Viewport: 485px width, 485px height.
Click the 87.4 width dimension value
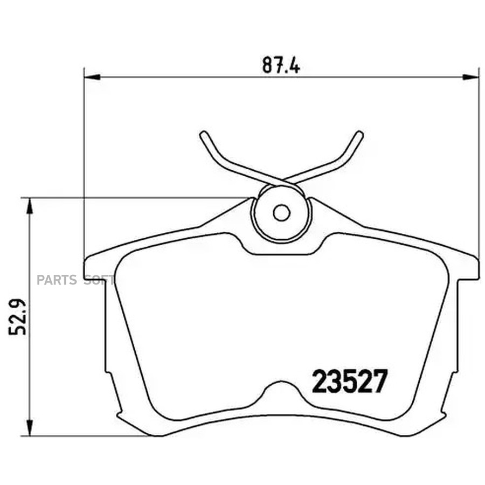[x=281, y=65]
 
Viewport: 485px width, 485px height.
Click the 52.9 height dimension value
[x=17, y=317]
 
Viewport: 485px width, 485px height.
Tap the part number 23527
[x=350, y=382]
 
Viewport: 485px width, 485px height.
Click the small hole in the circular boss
[x=281, y=213]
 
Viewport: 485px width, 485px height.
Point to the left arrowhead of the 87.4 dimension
[x=92, y=77]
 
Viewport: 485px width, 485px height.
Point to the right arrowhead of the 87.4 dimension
[x=471, y=77]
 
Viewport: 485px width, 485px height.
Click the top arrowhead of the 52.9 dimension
[x=30, y=206]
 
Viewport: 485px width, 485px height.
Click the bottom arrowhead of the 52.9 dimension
[x=30, y=428]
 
